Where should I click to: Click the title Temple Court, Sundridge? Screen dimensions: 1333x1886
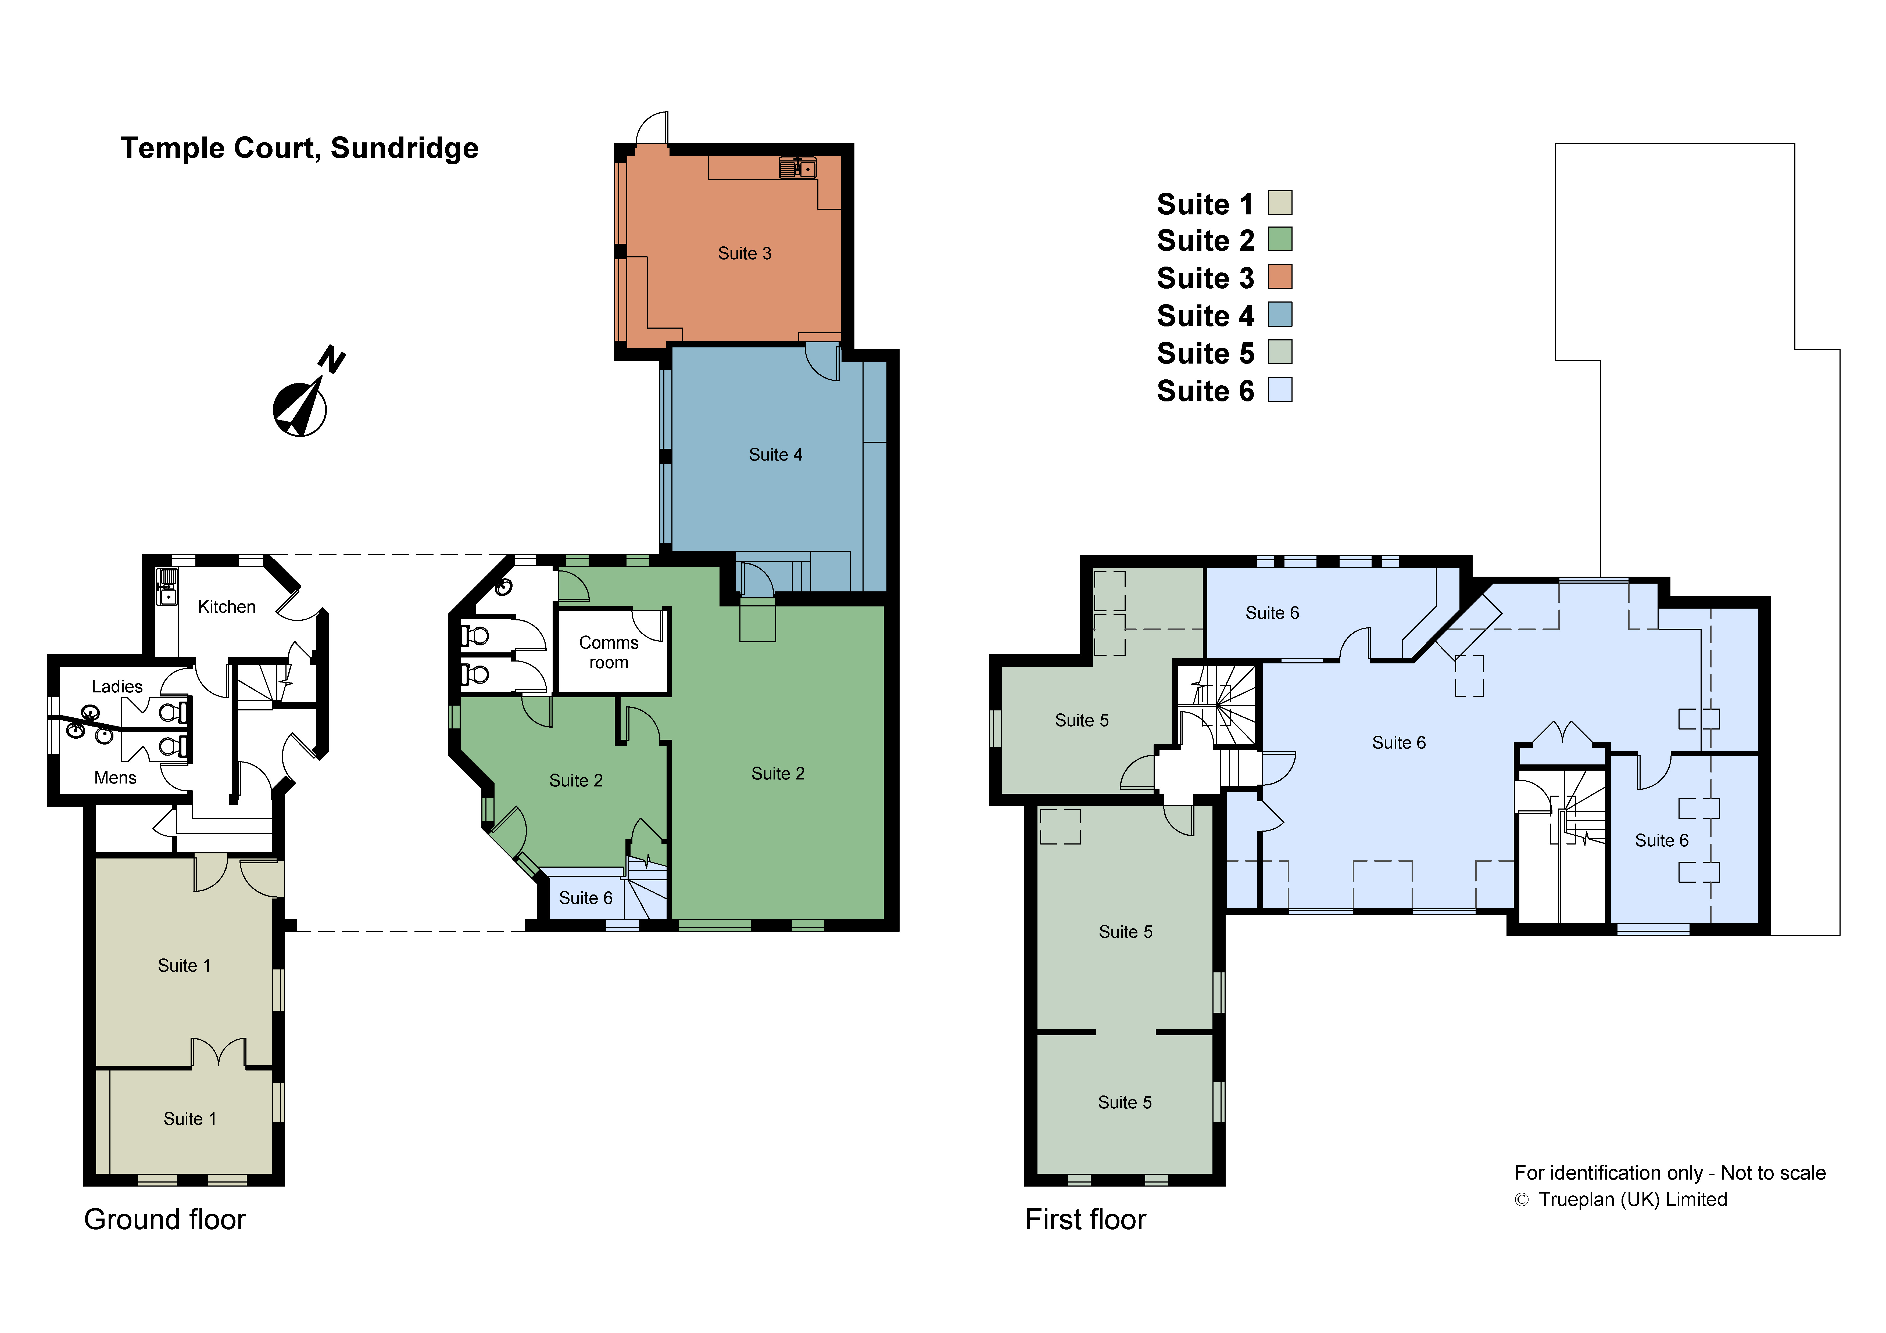tap(299, 149)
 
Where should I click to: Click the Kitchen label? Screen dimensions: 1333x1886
tap(227, 607)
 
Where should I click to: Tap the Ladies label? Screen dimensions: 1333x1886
tap(117, 687)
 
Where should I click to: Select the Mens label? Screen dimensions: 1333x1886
tap(115, 778)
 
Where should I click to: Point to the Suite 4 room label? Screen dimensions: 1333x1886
tap(775, 455)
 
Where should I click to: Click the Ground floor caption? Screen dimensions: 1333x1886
tap(164, 1220)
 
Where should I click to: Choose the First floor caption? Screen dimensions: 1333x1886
tap(1085, 1220)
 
